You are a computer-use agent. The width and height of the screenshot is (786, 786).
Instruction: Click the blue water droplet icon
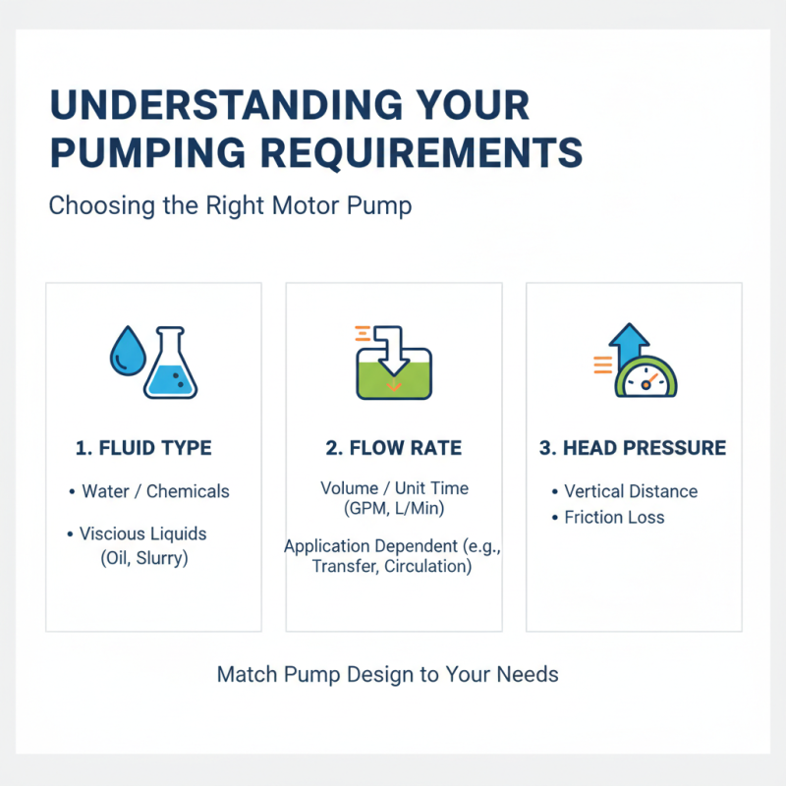[124, 351]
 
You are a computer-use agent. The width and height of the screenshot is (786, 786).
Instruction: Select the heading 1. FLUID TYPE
[143, 448]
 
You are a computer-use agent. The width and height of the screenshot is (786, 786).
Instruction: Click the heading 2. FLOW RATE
[393, 448]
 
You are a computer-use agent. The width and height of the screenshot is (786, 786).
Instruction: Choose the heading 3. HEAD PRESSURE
[634, 448]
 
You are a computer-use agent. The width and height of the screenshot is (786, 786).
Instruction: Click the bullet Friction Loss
[614, 517]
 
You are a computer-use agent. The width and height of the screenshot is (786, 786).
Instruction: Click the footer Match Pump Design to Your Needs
[387, 675]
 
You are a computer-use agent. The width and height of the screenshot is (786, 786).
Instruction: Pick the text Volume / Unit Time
[394, 487]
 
